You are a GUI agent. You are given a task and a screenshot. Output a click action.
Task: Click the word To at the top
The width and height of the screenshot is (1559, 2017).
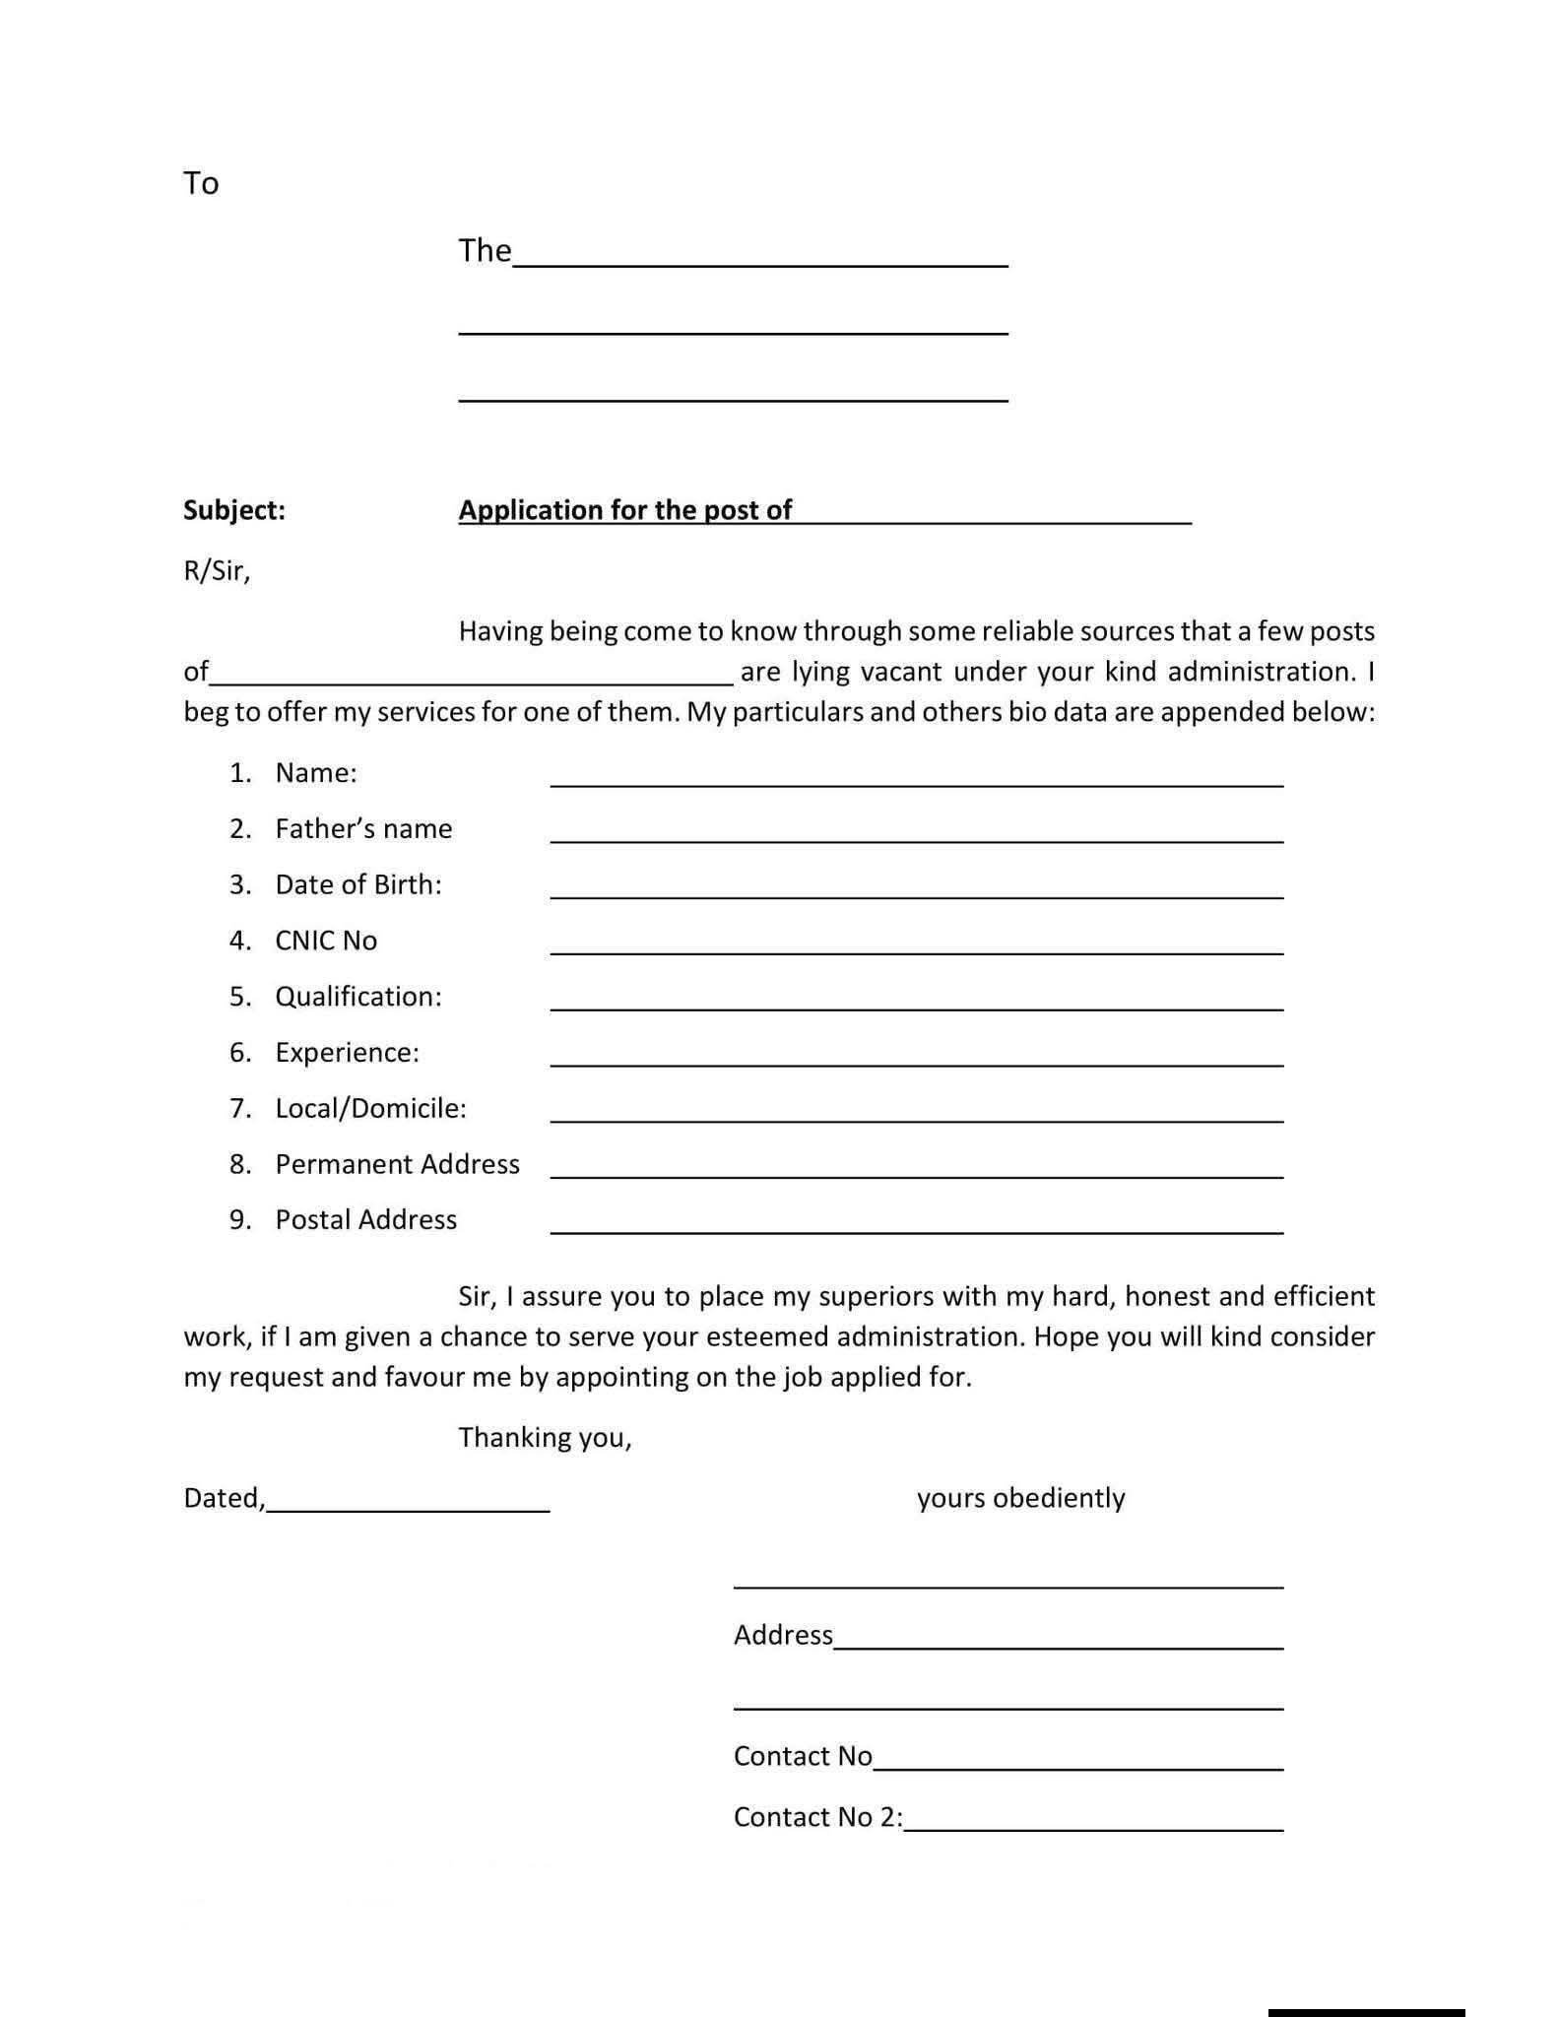pos(201,183)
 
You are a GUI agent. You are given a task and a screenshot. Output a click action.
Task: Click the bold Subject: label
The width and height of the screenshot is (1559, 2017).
pos(234,510)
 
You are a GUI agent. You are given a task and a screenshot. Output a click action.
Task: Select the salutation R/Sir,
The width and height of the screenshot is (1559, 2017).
pos(217,571)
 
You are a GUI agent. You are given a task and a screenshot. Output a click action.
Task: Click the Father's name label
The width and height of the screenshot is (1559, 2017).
pos(363,829)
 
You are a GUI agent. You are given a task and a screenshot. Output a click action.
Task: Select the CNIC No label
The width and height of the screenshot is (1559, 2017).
pos(326,941)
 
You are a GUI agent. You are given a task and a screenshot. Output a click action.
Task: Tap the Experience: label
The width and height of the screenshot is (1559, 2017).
pos(347,1053)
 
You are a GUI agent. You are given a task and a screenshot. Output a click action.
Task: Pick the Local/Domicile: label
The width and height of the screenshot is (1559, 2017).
pos(370,1109)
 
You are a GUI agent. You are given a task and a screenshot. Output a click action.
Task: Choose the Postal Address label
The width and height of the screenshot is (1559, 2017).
pos(365,1220)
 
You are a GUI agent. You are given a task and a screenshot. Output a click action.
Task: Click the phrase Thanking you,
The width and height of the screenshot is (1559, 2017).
pos(545,1438)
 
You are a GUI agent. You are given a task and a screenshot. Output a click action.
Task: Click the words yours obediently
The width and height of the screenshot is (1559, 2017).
pos(1020,1498)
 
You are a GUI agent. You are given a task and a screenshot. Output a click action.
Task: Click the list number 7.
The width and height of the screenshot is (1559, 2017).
pos(240,1109)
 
